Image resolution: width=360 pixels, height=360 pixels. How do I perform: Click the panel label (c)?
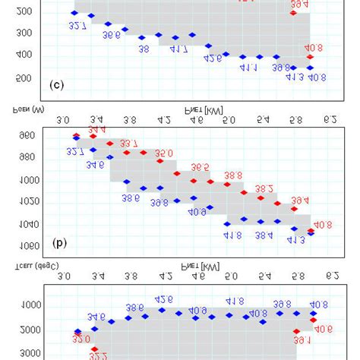coord(56,85)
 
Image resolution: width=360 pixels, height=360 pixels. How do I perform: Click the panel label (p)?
coord(58,244)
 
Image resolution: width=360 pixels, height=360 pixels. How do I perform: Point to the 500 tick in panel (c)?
coord(23,78)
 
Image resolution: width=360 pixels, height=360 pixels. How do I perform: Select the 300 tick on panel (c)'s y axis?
coord(23,33)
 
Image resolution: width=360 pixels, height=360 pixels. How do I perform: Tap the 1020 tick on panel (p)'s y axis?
coord(30,202)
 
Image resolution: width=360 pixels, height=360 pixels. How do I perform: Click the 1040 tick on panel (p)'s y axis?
coord(30,224)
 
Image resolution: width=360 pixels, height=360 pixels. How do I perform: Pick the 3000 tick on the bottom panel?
coord(30,353)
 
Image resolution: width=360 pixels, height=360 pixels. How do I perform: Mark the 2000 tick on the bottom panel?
coord(30,330)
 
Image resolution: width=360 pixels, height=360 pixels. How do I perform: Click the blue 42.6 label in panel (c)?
coord(213,58)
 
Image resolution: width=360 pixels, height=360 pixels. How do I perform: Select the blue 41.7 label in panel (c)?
coord(178,49)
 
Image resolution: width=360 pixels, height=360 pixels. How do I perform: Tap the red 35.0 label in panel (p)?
coord(164,153)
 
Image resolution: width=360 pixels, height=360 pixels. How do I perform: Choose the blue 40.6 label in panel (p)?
coord(197,212)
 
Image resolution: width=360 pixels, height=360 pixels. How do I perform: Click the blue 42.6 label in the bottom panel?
coord(164,299)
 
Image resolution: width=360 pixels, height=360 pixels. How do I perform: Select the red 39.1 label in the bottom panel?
coord(302,341)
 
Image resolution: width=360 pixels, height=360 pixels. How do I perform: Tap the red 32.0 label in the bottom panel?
coord(81,339)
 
